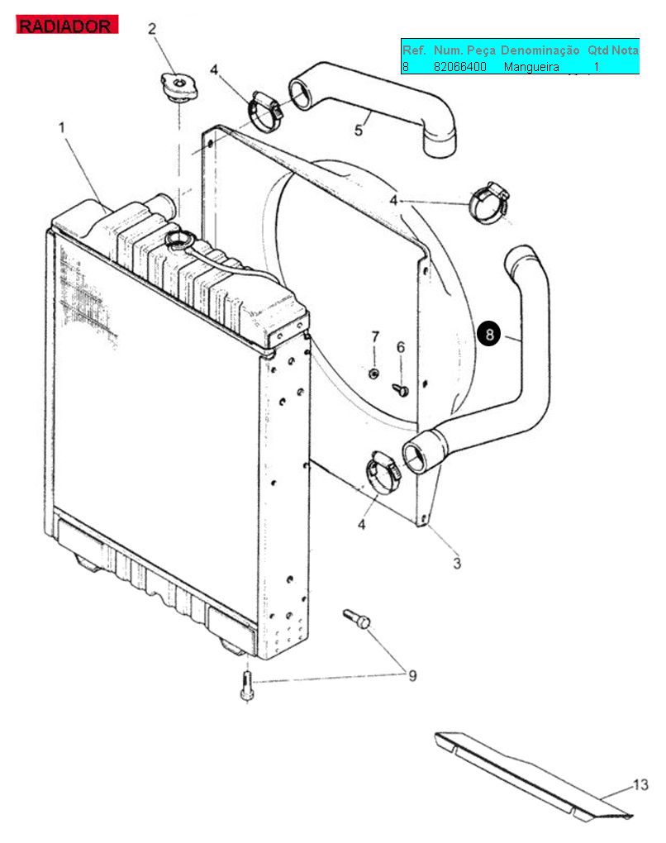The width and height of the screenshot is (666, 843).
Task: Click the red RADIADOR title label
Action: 67,25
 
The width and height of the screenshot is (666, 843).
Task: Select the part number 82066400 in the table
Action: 459,67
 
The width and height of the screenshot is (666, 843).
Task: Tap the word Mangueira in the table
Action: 531,67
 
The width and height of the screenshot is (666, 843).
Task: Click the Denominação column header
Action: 540,50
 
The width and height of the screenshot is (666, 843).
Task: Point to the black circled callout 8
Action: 488,334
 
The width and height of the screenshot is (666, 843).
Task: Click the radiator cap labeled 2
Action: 179,87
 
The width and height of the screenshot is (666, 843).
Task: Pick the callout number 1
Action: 62,127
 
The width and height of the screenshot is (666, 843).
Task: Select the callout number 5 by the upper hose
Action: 359,130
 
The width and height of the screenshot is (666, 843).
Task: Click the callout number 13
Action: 640,784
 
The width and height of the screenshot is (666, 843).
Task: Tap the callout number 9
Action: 412,676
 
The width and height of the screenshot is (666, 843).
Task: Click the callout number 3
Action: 457,564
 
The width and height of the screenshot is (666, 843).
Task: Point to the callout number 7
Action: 375,336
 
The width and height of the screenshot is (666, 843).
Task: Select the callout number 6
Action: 401,347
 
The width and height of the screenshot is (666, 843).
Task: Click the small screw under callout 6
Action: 401,389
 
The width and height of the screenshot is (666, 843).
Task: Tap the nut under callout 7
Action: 373,373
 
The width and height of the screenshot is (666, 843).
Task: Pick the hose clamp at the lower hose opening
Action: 383,473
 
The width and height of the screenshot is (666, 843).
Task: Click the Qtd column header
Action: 597,50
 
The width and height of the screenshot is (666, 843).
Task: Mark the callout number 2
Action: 152,28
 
